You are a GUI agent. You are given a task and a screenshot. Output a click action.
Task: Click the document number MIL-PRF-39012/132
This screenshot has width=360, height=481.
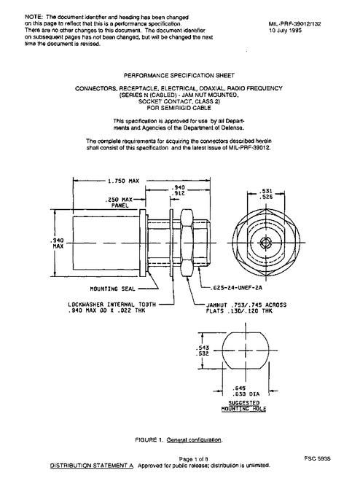point(294,24)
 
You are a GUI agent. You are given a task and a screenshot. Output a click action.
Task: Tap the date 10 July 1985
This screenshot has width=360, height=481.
point(285,31)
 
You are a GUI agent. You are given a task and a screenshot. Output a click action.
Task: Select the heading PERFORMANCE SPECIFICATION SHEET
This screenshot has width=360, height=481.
point(179,76)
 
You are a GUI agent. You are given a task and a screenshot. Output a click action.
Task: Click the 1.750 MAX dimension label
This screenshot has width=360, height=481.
point(123,181)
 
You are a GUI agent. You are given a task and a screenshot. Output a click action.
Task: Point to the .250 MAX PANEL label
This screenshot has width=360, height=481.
point(119,203)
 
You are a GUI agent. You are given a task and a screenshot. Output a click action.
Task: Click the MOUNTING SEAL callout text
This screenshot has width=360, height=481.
point(112,289)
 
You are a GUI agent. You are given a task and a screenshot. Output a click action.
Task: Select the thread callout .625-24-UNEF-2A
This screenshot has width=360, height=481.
point(236,288)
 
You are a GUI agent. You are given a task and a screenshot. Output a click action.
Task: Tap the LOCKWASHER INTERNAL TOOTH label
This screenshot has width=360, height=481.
point(111,305)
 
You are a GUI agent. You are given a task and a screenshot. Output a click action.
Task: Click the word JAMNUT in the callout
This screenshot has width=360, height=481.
point(216,305)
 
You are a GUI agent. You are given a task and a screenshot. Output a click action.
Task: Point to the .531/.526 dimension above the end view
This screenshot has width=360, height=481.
point(266,194)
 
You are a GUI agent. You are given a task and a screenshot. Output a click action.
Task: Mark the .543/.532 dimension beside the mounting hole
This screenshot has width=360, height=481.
point(203,351)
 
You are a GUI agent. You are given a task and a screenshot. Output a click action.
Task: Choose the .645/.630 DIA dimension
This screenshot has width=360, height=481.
point(246,391)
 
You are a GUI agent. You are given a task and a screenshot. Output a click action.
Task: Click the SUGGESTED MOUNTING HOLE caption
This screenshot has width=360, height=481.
point(244,406)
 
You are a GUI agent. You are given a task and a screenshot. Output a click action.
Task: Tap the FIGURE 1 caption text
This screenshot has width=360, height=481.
point(179,440)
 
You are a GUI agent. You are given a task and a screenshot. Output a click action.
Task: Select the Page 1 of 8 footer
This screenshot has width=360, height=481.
point(194,459)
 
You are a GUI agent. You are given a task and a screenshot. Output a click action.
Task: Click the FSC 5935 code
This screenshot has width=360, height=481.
point(318,458)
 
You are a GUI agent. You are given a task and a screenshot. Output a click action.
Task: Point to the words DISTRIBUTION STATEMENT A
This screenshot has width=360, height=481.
point(92,466)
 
